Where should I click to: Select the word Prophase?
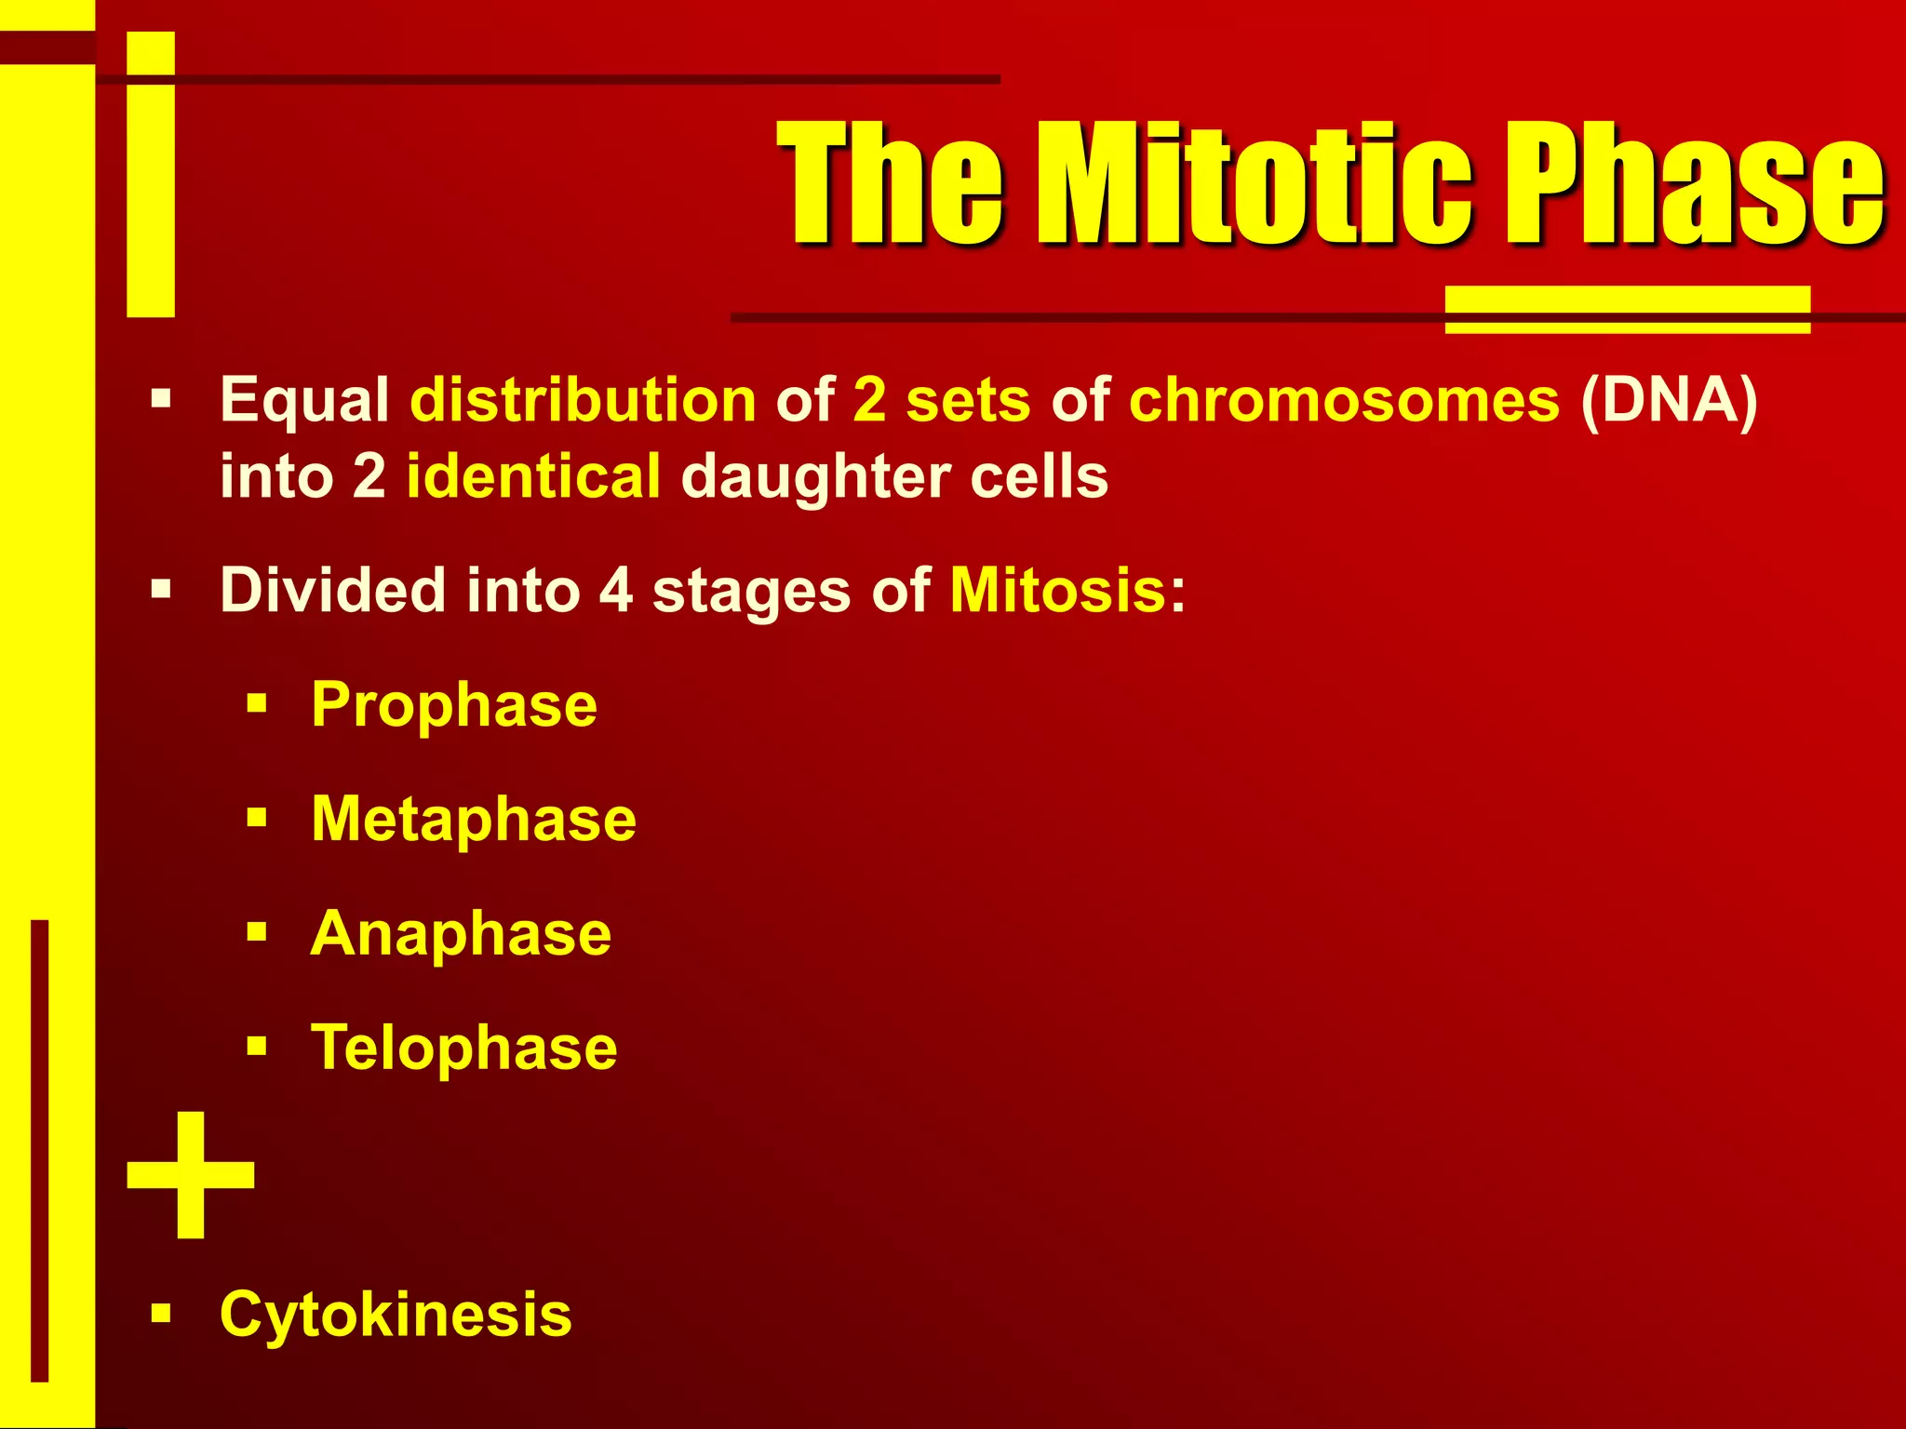(x=454, y=705)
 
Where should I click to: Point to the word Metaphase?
(x=474, y=820)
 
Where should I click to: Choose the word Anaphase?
(x=461, y=933)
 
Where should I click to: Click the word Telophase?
(x=463, y=1048)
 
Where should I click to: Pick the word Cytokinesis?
(x=396, y=1315)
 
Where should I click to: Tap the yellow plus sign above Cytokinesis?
(x=191, y=1174)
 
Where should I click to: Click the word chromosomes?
(x=1344, y=400)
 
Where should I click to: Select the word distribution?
(x=584, y=400)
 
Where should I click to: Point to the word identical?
(x=533, y=476)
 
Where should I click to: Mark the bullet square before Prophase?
(x=257, y=703)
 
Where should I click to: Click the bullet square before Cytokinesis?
(x=162, y=1314)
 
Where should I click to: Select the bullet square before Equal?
(x=162, y=400)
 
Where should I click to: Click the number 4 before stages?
(x=616, y=590)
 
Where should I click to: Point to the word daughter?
(x=815, y=476)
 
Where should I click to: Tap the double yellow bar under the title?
(x=1627, y=310)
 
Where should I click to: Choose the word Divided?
(x=332, y=590)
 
